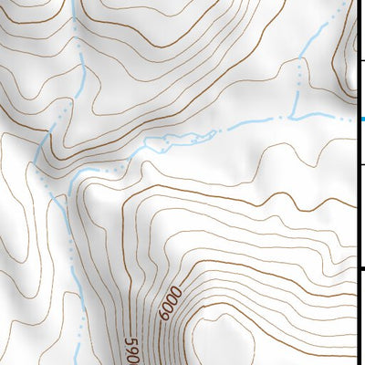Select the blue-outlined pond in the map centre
[173, 141]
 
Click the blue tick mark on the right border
[361, 119]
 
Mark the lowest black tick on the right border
[361, 268]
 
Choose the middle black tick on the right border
[361, 164]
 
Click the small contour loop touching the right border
[349, 64]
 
